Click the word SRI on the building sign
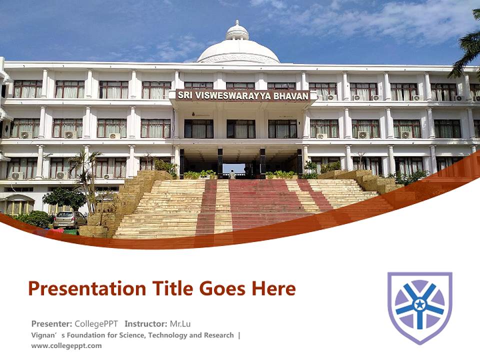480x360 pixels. tap(185, 95)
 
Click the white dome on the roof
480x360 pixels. tap(238, 50)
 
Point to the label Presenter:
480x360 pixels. tap(52, 323)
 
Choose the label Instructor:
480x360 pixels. tap(146, 323)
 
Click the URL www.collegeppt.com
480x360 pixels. tap(66, 345)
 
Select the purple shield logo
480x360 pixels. tap(420, 307)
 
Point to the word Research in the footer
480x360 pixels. tap(218, 335)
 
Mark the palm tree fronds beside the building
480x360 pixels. tap(468, 50)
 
